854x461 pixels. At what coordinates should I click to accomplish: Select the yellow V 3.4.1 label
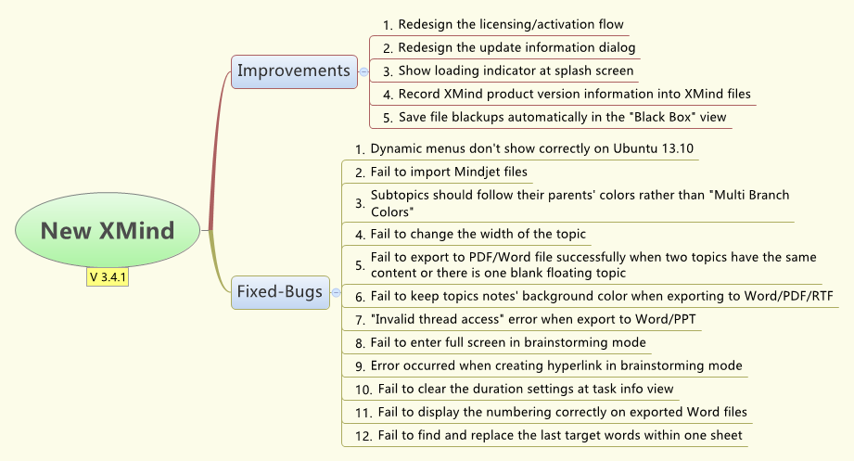108,277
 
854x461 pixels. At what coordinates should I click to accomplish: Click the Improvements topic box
294,70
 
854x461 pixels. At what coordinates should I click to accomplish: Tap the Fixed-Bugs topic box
279,291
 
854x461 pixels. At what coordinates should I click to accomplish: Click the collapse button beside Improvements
363,70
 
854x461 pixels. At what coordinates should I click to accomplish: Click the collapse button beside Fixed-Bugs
336,291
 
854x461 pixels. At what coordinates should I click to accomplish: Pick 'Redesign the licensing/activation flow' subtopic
511,24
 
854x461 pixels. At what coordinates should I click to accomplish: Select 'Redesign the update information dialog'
516,47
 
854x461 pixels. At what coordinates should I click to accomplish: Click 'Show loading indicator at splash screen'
516,70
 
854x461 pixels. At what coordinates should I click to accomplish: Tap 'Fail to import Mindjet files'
449,172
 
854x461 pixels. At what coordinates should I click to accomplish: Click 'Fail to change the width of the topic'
478,234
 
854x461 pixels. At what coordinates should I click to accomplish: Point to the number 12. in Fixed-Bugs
363,435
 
